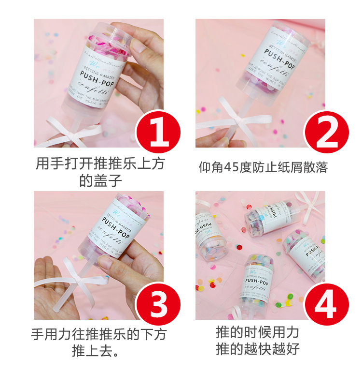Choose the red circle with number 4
[327, 303]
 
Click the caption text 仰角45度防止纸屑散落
[263, 167]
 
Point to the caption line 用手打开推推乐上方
[100, 164]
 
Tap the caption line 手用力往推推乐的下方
[100, 334]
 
